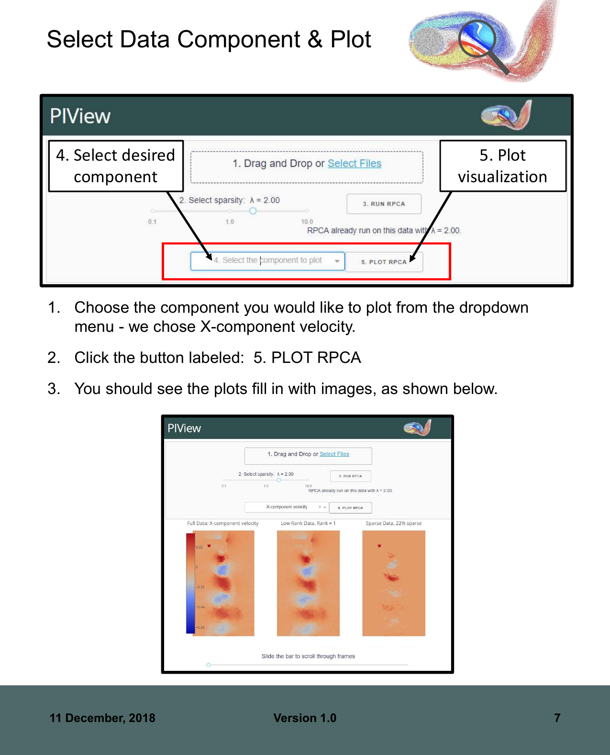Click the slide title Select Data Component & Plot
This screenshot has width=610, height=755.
(209, 39)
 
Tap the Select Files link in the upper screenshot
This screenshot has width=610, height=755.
(354, 164)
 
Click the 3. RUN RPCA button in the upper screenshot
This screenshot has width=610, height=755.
(384, 204)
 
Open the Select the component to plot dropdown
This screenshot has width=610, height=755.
(267, 261)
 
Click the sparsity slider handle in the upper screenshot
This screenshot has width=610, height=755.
(253, 211)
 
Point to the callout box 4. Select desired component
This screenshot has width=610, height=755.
(116, 166)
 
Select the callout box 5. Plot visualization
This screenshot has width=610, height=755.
(502, 166)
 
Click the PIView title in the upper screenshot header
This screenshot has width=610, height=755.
(80, 116)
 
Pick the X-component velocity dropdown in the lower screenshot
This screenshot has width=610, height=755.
(287, 507)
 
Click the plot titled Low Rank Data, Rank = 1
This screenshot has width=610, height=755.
(308, 583)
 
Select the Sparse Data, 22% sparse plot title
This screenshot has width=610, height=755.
(393, 523)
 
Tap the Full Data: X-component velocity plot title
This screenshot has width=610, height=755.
(222, 523)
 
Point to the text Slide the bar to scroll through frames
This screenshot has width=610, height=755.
(308, 656)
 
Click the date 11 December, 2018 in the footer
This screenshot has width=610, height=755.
(102, 718)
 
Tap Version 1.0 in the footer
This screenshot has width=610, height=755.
(305, 718)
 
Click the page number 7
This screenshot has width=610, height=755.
(557, 718)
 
